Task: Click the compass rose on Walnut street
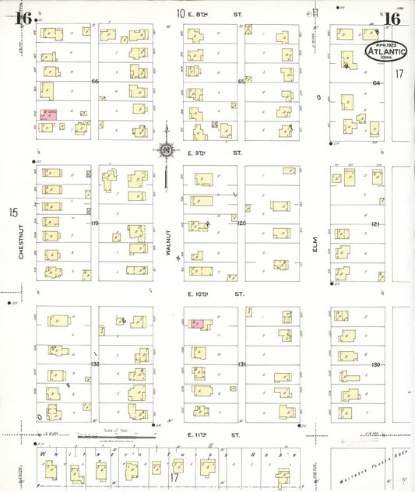[167, 150]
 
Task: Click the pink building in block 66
[49, 114]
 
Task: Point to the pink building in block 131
[198, 322]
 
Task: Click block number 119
[95, 223]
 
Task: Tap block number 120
[241, 223]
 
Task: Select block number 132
[95, 364]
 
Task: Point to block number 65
[241, 81]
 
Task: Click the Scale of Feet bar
[115, 433]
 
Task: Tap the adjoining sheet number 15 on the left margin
[12, 212]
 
